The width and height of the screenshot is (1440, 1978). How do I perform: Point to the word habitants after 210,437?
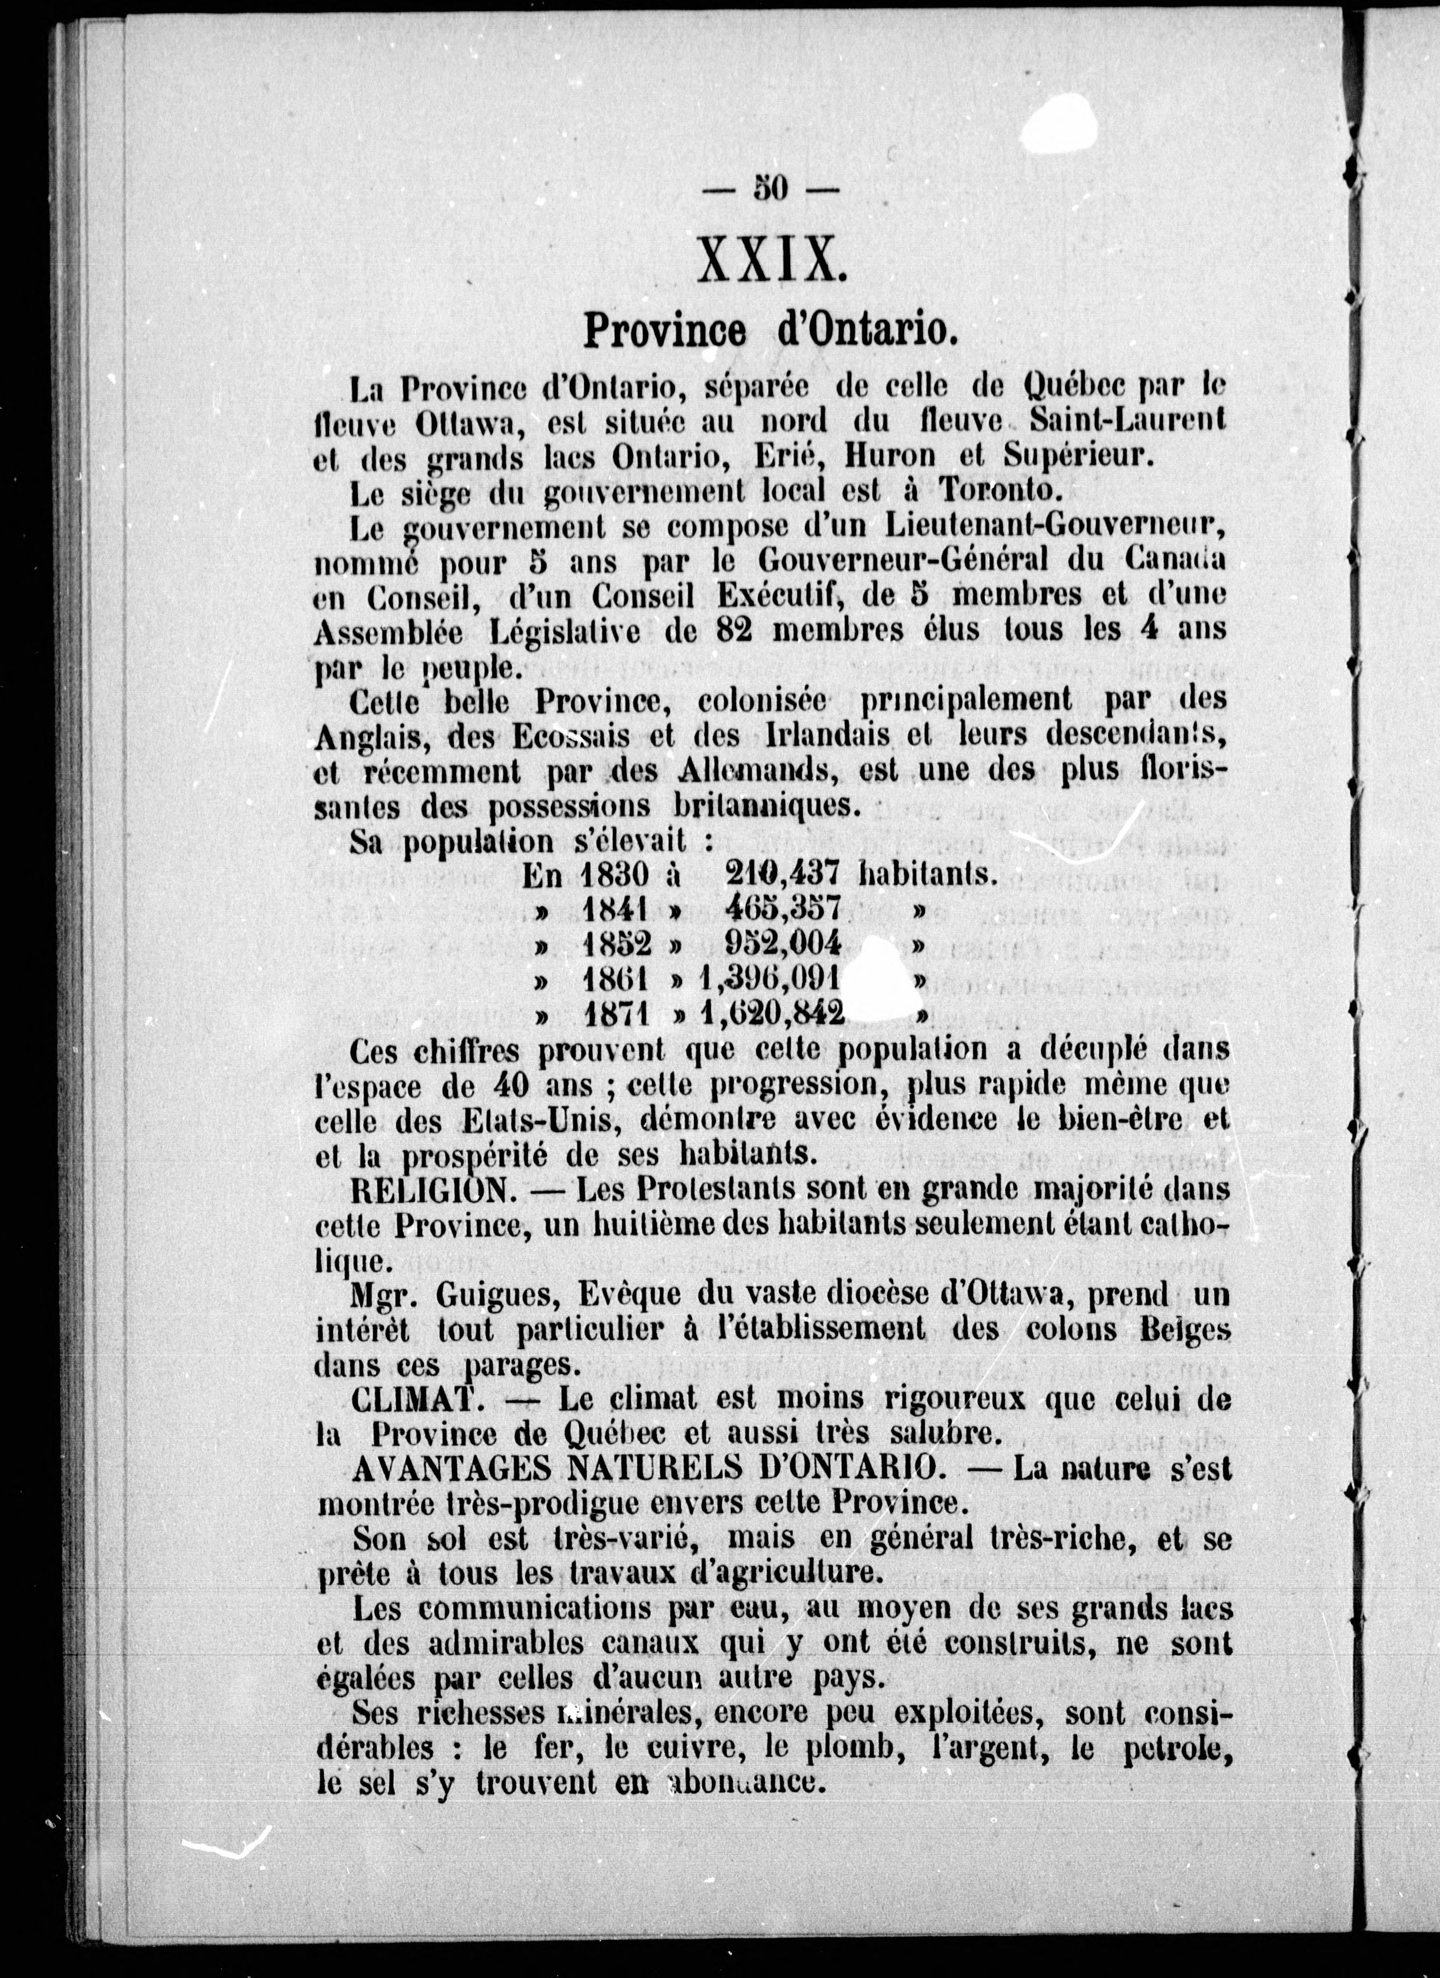(927, 873)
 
